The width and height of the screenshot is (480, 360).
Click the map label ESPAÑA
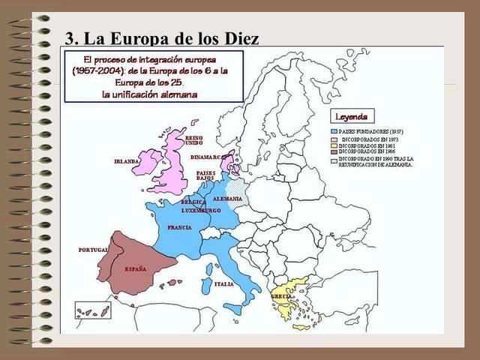(136, 268)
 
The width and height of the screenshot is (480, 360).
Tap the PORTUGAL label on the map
(93, 249)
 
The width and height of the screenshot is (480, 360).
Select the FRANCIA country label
(180, 227)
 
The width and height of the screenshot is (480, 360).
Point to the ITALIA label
(223, 284)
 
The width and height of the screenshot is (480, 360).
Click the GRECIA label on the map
(282, 296)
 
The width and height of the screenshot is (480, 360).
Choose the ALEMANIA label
(227, 199)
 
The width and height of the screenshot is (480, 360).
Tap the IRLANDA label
(127, 161)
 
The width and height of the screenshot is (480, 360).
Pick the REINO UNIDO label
(193, 140)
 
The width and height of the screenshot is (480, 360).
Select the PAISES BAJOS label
(205, 175)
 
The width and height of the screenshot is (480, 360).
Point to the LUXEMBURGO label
(201, 211)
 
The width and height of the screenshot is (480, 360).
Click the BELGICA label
(193, 202)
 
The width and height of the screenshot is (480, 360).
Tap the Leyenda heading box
(351, 117)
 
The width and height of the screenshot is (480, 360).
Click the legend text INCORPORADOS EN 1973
(370, 139)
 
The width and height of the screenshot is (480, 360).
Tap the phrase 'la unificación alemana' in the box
(150, 94)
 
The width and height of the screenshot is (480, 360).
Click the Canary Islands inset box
(93, 310)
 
